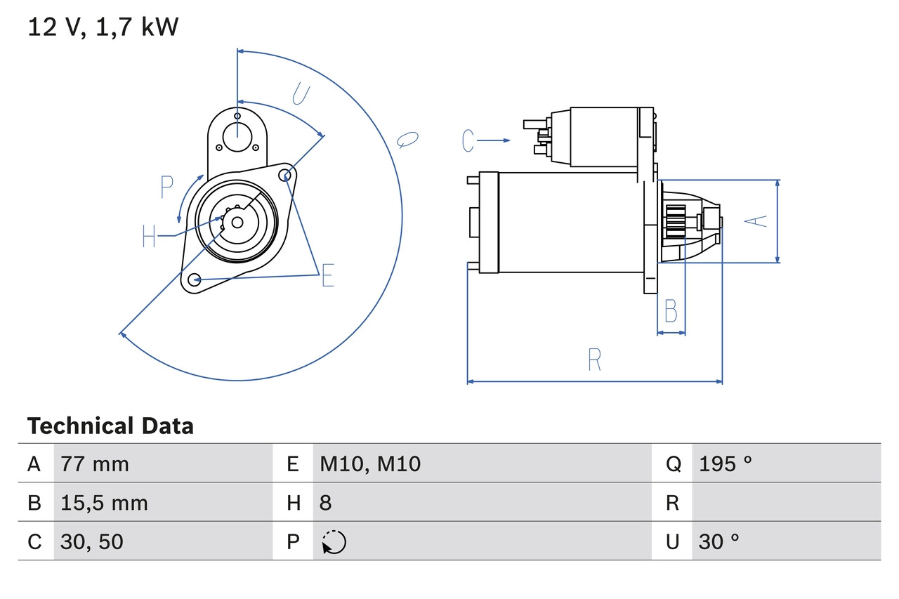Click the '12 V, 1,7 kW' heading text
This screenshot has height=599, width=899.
103,27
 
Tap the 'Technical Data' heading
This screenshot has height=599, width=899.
110,426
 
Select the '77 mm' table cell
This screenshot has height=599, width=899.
95,463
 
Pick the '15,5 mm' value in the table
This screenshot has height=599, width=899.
104,503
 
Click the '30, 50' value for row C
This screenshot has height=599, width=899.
92,541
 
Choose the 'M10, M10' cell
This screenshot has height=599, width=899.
370,463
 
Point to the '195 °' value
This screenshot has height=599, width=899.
726,463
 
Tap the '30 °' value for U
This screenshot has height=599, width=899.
719,541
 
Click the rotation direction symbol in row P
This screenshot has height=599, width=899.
334,542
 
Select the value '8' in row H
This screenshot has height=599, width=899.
325,503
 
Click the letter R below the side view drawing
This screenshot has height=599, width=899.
594,360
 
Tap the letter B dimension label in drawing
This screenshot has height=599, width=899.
671,310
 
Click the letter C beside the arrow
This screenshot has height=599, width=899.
468,141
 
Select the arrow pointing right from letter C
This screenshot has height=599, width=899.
496,141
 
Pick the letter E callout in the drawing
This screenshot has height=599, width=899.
327,276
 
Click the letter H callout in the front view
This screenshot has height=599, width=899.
149,236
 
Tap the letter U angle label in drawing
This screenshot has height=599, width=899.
301,93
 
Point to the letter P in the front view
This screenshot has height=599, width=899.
166,187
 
